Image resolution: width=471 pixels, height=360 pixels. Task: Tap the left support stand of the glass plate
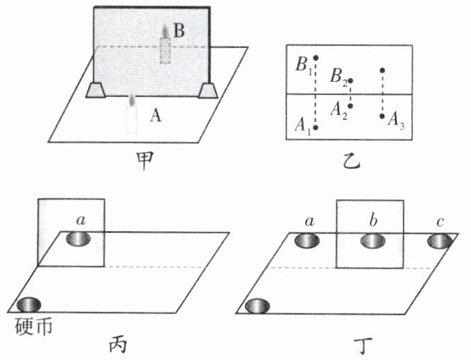95,90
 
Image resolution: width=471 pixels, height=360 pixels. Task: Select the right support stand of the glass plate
207,90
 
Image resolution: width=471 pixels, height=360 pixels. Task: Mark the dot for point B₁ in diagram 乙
316,58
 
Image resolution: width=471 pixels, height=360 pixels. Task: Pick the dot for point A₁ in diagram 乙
316,128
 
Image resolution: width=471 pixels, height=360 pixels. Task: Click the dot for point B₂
350,81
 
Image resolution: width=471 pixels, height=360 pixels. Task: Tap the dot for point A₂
350,106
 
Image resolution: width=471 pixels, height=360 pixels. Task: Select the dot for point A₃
382,116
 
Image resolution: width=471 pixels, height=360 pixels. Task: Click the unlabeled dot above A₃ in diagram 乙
382,70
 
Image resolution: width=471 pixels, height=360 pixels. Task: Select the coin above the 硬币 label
28,305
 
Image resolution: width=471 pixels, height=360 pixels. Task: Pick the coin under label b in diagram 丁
372,241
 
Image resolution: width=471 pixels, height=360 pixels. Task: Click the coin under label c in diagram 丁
438,241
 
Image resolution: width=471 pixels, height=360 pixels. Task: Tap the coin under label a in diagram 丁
307,241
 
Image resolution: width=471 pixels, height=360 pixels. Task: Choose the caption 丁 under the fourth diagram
355,343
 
